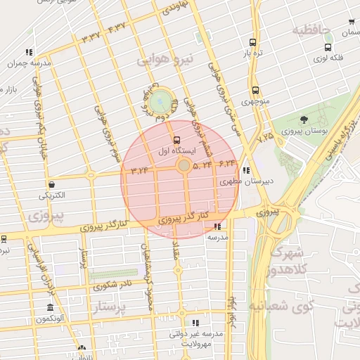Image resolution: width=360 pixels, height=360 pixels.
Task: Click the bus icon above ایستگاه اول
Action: pyautogui.click(x=176, y=139)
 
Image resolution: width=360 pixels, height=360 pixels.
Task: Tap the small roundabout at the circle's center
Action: pyautogui.click(x=184, y=166)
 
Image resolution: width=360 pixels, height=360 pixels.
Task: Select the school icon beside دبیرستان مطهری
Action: pyautogui.click(x=245, y=170)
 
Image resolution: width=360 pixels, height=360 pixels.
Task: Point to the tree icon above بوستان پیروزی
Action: pyautogui.click(x=303, y=120)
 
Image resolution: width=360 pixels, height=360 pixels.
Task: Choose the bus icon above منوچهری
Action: pyautogui.click(x=255, y=90)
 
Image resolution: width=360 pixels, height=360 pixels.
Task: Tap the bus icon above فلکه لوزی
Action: pyautogui.click(x=328, y=47)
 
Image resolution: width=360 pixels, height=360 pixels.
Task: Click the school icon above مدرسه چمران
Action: pyautogui.click(x=29, y=52)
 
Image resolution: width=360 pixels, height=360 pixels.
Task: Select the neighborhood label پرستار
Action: pyautogui.click(x=110, y=307)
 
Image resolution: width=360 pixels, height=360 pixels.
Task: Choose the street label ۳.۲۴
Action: pyautogui.click(x=140, y=169)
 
